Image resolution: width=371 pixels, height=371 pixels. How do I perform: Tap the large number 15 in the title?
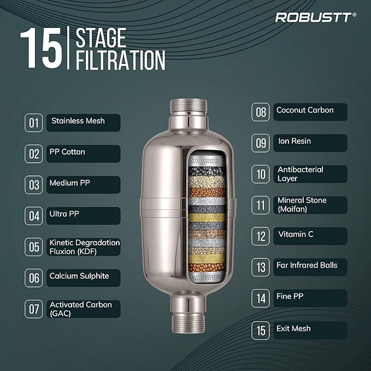(41, 48)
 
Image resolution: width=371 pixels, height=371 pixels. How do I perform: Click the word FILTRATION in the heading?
(120, 60)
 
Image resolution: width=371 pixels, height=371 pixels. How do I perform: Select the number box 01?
(33, 123)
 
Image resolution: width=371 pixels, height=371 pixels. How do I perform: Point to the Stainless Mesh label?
(84, 123)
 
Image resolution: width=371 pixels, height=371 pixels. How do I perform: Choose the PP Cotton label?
(84, 154)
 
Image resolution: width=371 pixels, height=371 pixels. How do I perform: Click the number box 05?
(33, 247)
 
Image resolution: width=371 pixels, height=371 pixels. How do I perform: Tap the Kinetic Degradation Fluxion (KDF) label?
(84, 247)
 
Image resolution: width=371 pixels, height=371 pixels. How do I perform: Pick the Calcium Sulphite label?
(84, 278)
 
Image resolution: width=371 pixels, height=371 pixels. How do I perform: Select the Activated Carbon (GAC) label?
(84, 309)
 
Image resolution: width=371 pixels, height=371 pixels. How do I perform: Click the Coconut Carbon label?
(310, 112)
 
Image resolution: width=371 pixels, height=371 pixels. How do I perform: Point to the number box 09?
(261, 143)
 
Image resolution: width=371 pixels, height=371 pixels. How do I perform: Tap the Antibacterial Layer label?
(310, 174)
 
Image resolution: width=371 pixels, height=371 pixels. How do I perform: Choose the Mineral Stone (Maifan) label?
(310, 205)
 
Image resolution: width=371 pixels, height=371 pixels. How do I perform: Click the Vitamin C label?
(310, 236)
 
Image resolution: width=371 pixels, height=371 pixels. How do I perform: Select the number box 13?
(261, 267)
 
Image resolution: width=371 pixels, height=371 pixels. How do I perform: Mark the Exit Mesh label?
(310, 331)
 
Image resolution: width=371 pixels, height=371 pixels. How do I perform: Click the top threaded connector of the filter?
(189, 107)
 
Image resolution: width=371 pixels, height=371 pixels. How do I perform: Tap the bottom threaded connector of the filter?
(189, 323)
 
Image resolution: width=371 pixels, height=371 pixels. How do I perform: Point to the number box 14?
(261, 298)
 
